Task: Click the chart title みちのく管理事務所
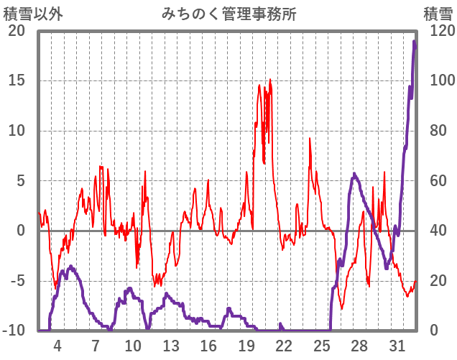pyautogui.click(x=228, y=13)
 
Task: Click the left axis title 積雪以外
pyautogui.click(x=28, y=13)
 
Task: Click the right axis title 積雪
pyautogui.click(x=436, y=13)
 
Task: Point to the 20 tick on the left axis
pyautogui.click(x=16, y=31)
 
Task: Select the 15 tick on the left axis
pyautogui.click(x=16, y=80)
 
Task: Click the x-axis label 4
pyautogui.click(x=57, y=345)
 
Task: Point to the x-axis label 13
pyautogui.click(x=170, y=345)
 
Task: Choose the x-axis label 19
pyautogui.click(x=246, y=345)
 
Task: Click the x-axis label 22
pyautogui.click(x=284, y=345)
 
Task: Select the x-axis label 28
pyautogui.click(x=359, y=345)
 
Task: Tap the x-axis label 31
pyautogui.click(x=397, y=345)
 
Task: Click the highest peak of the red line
pyautogui.click(x=270, y=80)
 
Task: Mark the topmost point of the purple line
pyautogui.click(x=414, y=42)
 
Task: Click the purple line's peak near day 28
pyautogui.click(x=354, y=174)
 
